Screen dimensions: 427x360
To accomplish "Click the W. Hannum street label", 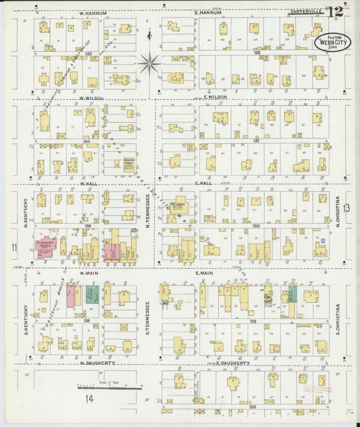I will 90,13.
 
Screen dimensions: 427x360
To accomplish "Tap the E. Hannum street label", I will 207,13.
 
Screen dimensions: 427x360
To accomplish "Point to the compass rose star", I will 149,65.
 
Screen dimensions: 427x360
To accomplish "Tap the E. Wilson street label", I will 213,97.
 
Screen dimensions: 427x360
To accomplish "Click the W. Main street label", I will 90,273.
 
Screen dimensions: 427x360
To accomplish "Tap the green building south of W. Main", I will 95,295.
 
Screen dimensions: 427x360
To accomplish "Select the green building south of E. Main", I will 292,293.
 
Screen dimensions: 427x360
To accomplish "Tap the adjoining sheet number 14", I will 88,399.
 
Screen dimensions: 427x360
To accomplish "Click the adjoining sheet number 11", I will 14,249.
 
